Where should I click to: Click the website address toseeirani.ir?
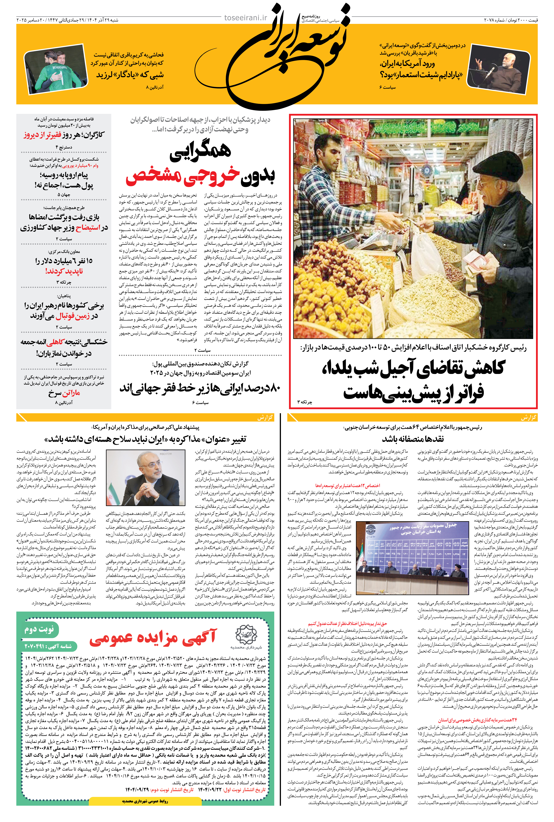point(246,18)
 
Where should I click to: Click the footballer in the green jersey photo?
point(60,74)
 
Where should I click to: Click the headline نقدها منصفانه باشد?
point(413,439)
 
